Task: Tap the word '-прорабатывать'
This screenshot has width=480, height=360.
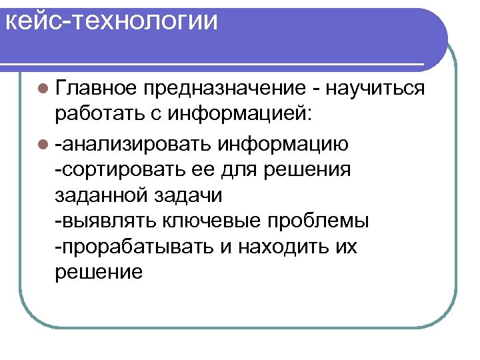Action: click(133, 247)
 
